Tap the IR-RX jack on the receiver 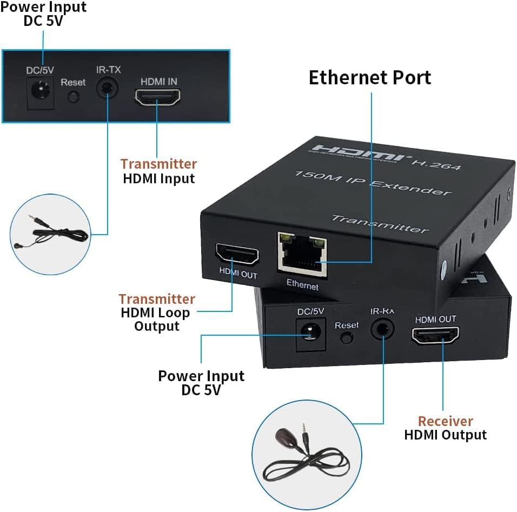(383, 330)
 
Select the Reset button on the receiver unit (346, 338)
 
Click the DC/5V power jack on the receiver (309, 332)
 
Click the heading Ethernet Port (370, 77)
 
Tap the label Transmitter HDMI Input (158, 171)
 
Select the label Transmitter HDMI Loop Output (157, 312)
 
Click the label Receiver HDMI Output (445, 428)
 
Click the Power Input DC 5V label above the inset (43, 14)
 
